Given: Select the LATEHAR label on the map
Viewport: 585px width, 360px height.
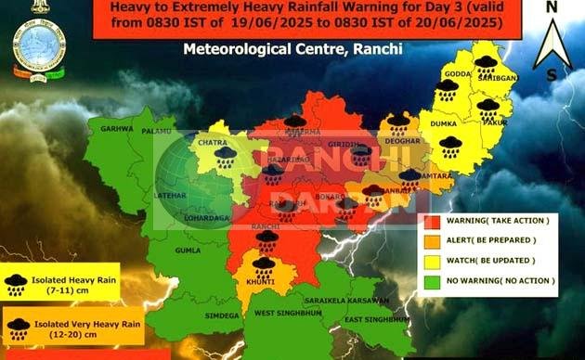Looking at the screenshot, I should point(173,197).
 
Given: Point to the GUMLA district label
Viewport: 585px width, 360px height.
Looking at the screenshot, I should point(188,251).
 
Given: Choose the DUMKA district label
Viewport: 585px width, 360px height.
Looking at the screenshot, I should point(440,122).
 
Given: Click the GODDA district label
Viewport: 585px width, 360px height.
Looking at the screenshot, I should point(458,73).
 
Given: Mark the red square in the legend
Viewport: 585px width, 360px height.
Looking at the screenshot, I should point(431,222).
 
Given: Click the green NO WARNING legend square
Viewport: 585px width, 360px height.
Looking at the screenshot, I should point(431,279).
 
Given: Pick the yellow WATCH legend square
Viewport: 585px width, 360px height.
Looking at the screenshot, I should point(431,261).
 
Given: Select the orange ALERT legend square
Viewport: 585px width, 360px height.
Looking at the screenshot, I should point(431,241).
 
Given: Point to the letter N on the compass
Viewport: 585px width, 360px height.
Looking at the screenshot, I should point(551,6).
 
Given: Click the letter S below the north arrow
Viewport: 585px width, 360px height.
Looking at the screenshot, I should point(552,73).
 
